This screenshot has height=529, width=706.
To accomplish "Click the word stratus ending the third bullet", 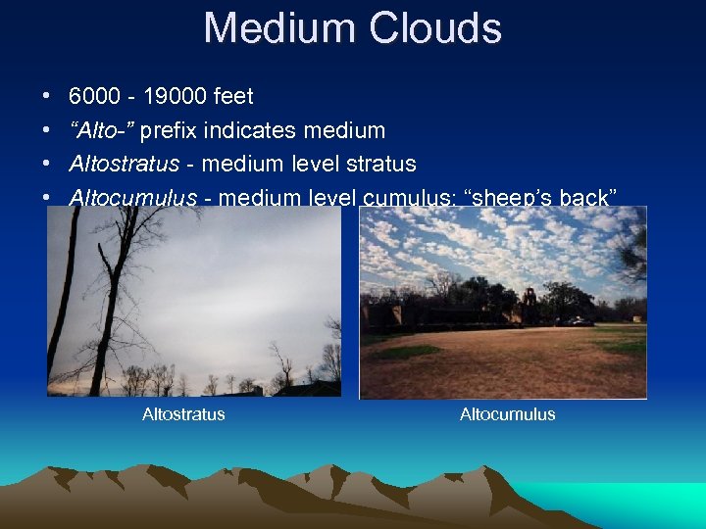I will coord(380,164).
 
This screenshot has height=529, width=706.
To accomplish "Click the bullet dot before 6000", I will coord(47,97).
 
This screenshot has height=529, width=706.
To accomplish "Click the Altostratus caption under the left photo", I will coord(183,414).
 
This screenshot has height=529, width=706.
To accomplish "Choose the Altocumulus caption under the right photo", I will coord(507,414).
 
